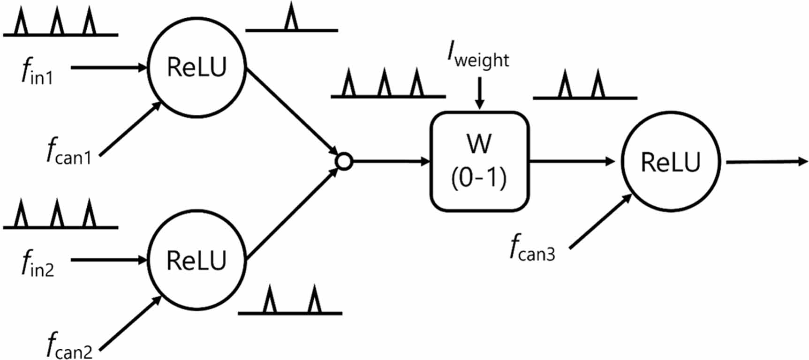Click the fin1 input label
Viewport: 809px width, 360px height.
pos(38,73)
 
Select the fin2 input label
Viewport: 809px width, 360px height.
pos(38,264)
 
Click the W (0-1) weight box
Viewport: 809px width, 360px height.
pos(479,161)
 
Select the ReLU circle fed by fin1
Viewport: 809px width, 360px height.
pos(197,67)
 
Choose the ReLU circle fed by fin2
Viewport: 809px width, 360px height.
pos(197,260)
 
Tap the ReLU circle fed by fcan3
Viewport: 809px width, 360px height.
pos(671,162)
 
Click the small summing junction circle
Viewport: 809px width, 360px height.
pos(344,162)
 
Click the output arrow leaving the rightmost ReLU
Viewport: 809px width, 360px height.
pos(767,162)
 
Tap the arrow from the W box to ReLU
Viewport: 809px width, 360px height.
pos(572,162)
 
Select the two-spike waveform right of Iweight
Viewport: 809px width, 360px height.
pos(584,87)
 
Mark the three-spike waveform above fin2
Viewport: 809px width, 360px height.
pos(60,216)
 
